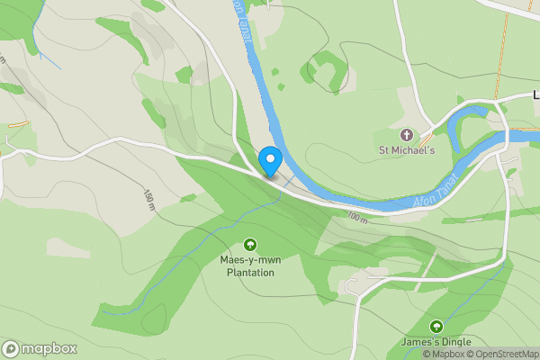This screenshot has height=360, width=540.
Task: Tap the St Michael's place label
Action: [407, 150]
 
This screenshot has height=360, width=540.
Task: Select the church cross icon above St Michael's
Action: [406, 134]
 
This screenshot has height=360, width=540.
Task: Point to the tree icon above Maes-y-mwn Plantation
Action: [250, 244]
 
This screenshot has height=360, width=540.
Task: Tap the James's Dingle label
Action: [436, 343]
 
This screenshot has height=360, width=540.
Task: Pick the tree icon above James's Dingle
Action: [436, 326]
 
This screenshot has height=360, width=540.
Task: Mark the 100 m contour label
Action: [356, 217]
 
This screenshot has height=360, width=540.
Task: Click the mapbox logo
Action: [40, 349]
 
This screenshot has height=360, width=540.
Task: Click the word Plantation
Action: [249, 273]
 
